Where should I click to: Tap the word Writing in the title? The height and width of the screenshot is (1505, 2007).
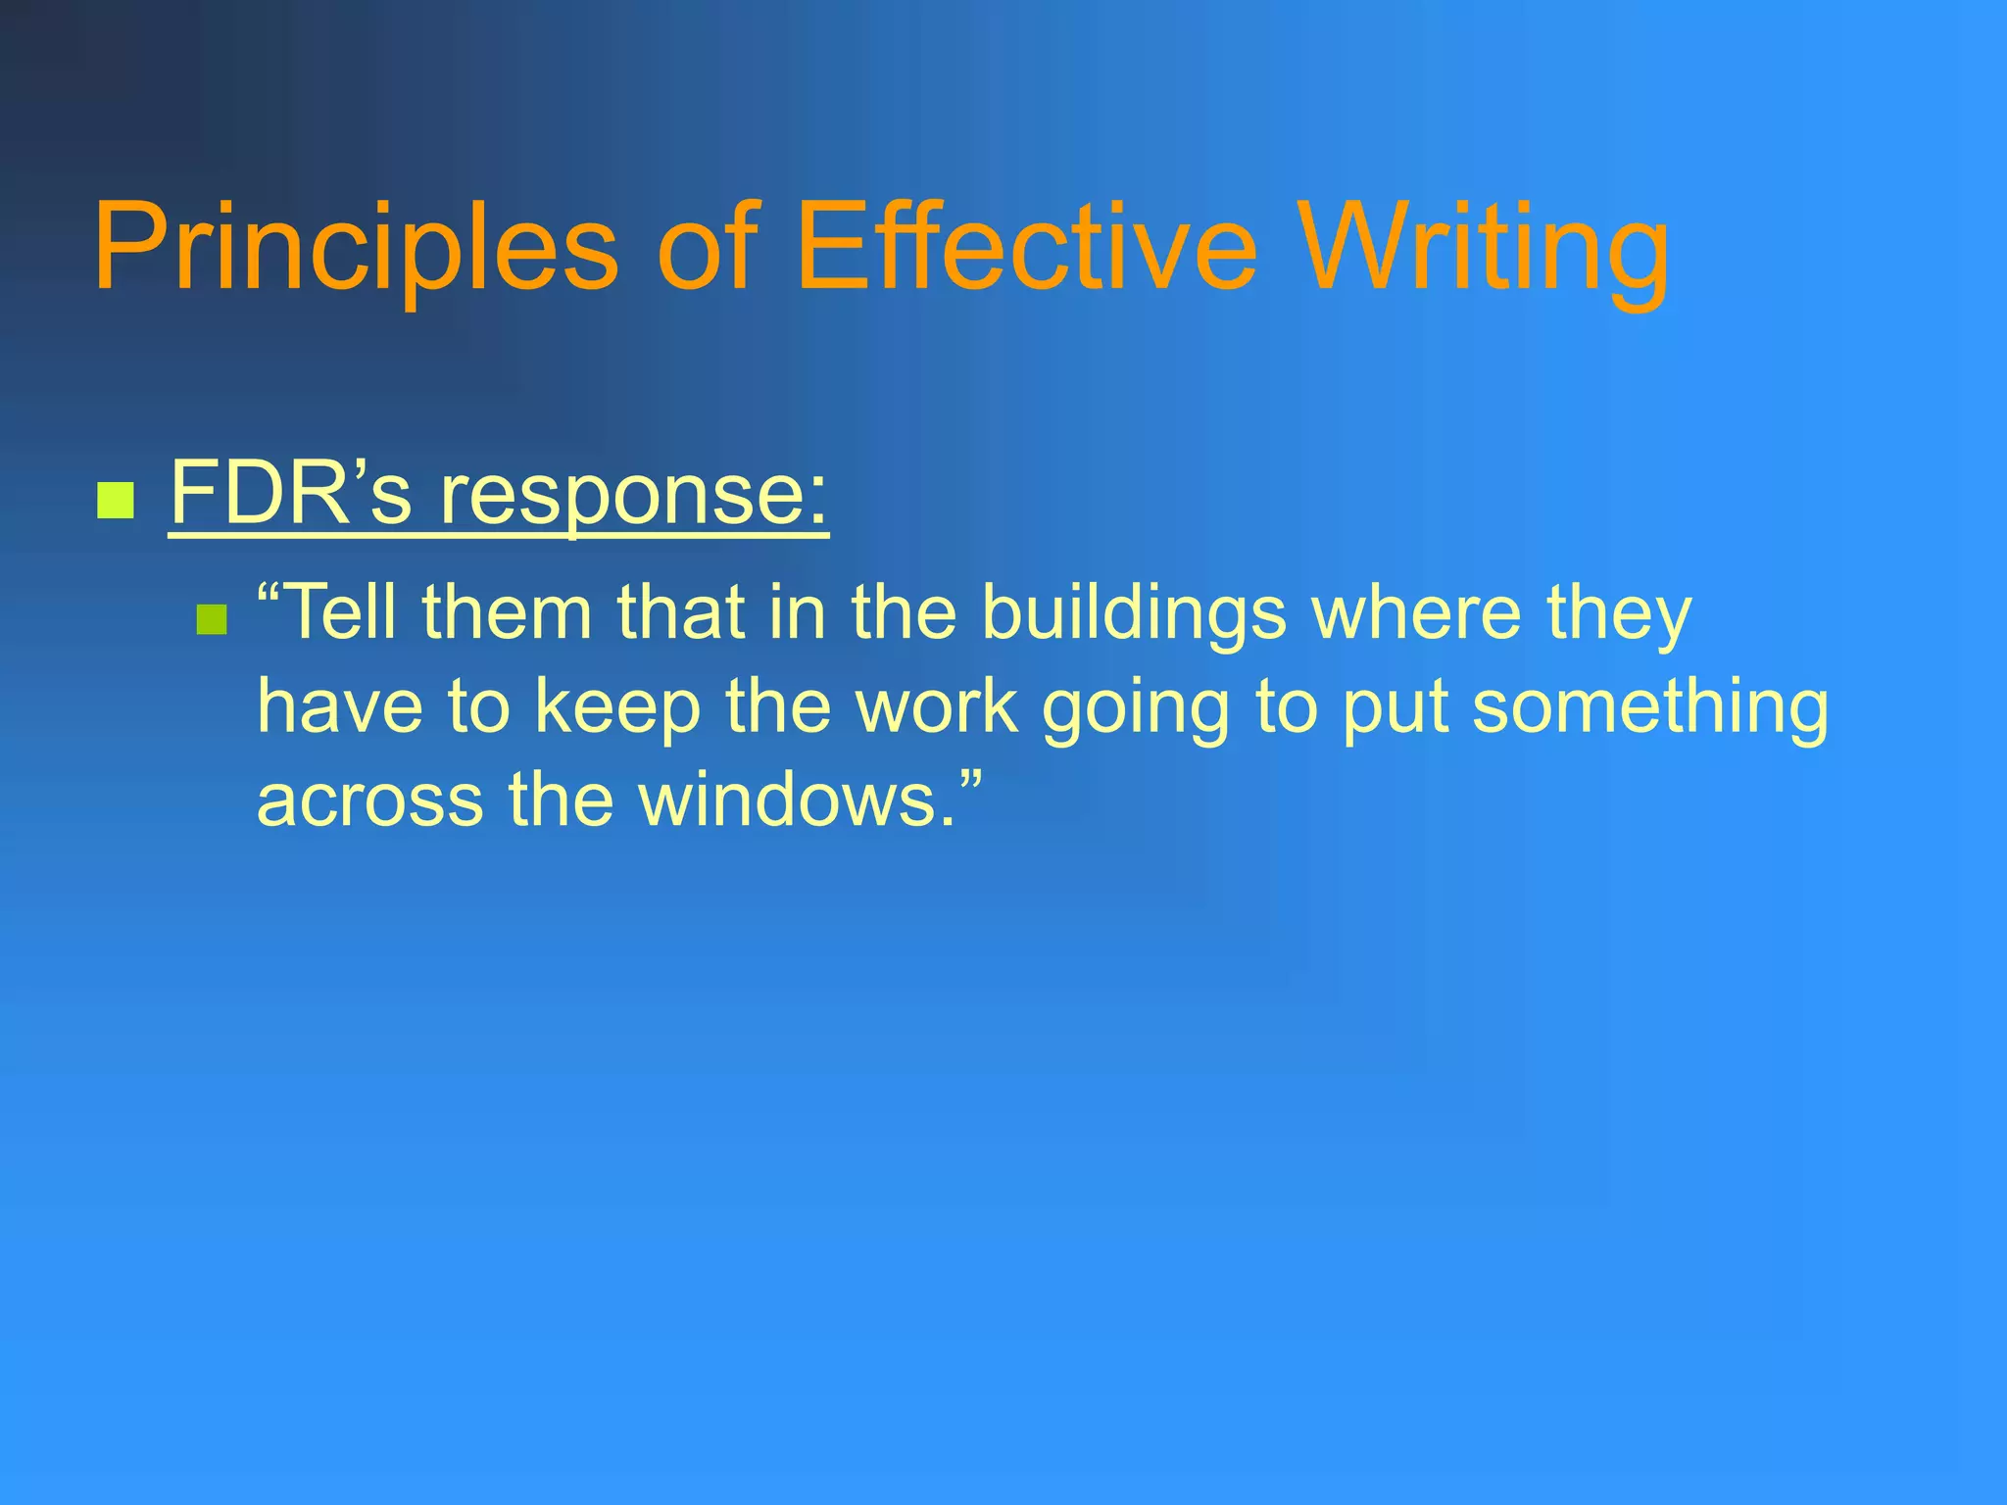pos(1486,247)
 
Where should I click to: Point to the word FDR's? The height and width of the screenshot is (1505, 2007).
pos(290,493)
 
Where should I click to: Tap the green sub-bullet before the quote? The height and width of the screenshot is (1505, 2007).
pos(212,619)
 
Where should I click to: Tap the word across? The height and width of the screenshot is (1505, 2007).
pos(369,801)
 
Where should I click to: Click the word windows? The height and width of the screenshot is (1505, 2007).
pos(794,799)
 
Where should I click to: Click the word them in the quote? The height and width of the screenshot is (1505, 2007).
pos(507,612)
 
